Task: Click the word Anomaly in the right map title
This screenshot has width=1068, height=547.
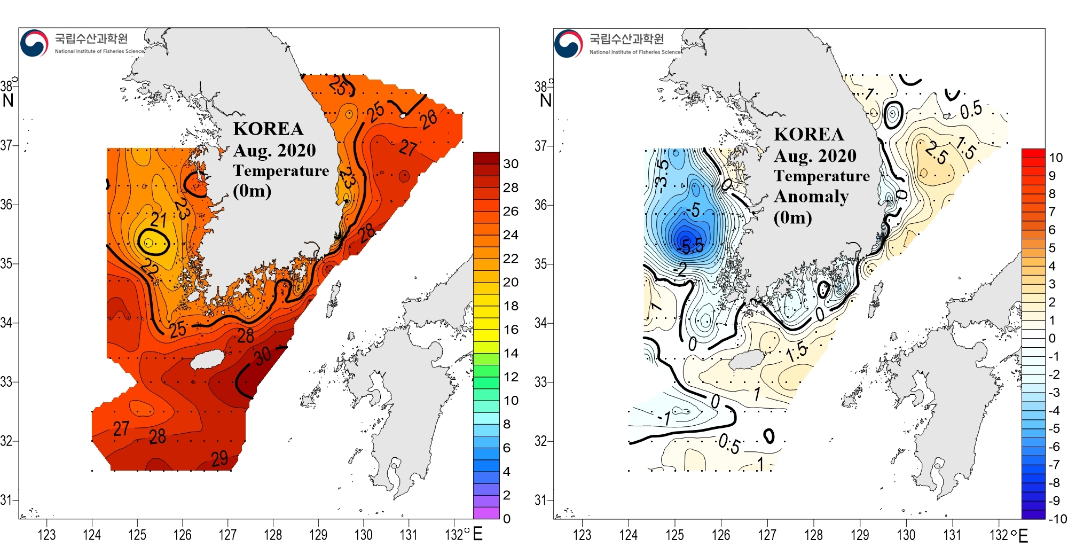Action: pyautogui.click(x=811, y=197)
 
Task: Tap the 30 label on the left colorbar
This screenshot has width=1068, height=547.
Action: pyautogui.click(x=511, y=164)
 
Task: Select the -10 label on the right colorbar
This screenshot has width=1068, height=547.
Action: pyautogui.click(x=1057, y=519)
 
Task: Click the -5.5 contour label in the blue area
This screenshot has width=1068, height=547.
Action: pyautogui.click(x=691, y=246)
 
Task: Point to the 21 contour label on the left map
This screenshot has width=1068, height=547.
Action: pyautogui.click(x=159, y=220)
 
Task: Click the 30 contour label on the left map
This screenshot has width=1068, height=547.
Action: pyautogui.click(x=262, y=355)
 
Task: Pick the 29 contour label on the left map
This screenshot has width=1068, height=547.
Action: pyautogui.click(x=219, y=458)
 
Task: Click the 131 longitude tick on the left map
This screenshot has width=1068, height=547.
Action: pyautogui.click(x=409, y=534)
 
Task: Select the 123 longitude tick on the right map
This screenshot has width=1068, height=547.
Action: pyautogui.click(x=582, y=534)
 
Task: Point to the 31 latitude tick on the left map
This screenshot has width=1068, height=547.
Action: pyautogui.click(x=6, y=500)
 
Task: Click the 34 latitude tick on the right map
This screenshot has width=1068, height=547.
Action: pyautogui.click(x=540, y=323)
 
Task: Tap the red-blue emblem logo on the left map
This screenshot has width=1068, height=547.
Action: pyautogui.click(x=34, y=43)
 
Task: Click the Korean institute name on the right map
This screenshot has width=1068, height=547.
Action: pyautogui.click(x=627, y=38)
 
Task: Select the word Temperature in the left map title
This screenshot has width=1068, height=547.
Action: pyautogui.click(x=281, y=170)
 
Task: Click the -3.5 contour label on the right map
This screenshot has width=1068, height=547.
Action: pyautogui.click(x=662, y=174)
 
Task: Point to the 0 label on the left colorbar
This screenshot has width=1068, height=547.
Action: pyautogui.click(x=507, y=519)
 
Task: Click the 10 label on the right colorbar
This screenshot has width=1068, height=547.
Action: pyautogui.click(x=1056, y=158)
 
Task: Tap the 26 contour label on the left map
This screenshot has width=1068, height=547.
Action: pyautogui.click(x=429, y=120)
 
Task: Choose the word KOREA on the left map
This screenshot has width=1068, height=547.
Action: pyautogui.click(x=268, y=129)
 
